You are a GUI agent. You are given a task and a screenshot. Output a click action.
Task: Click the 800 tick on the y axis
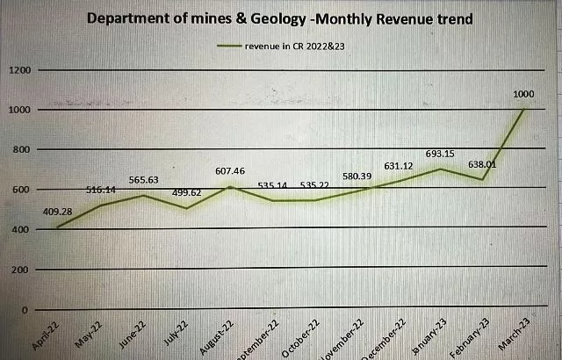pyautogui.click(x=19, y=149)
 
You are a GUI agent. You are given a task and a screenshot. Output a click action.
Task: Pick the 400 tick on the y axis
pyautogui.click(x=19, y=230)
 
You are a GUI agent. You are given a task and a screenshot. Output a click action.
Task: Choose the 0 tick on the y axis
pyautogui.click(x=26, y=310)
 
